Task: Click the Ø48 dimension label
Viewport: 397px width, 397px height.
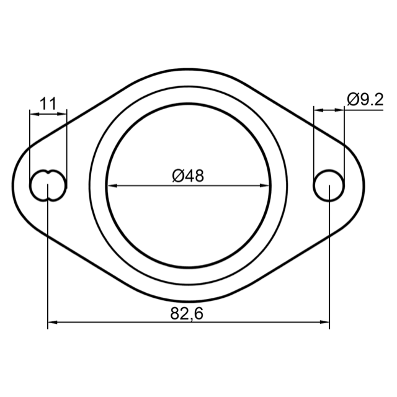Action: (188, 176)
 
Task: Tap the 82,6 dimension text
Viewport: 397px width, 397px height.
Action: (187, 313)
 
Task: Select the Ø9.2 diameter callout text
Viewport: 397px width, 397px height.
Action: (365, 99)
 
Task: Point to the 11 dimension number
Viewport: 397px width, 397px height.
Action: (48, 104)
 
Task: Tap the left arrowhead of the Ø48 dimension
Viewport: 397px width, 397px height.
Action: (112, 185)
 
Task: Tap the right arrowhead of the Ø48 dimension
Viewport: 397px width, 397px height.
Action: (265, 185)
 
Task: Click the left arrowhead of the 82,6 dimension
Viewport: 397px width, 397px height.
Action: (53, 323)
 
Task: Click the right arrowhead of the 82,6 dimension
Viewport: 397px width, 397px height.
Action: (324, 323)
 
